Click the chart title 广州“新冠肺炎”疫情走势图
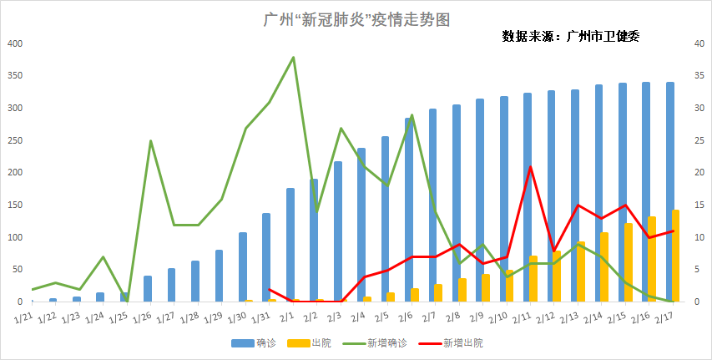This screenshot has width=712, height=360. (x=356, y=19)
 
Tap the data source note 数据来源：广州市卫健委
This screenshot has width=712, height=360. (x=570, y=36)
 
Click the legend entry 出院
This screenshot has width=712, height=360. (x=310, y=343)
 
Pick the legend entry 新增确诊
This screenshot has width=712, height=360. (x=375, y=343)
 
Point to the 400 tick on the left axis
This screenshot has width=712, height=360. (x=13, y=43)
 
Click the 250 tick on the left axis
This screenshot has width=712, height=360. (x=13, y=140)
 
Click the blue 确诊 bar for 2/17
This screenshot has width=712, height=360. (x=669, y=192)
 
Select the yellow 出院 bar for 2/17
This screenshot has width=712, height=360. (x=676, y=256)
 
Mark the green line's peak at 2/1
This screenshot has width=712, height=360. (x=294, y=58)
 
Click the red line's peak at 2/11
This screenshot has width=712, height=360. (x=531, y=167)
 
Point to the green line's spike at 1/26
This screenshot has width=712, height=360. (x=151, y=141)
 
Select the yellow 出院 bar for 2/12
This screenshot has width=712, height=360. (x=557, y=276)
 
